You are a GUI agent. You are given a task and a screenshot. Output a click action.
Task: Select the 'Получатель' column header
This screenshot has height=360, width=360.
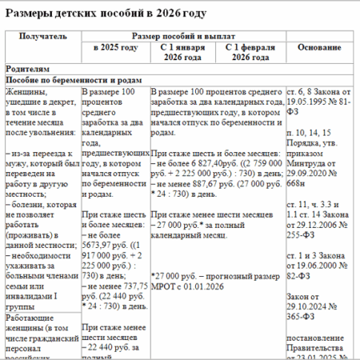[42, 38]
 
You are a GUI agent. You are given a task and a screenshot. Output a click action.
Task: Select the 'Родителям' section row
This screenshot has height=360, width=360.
[30, 70]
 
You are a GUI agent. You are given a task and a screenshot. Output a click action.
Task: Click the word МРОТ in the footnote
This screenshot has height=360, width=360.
[166, 282]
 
